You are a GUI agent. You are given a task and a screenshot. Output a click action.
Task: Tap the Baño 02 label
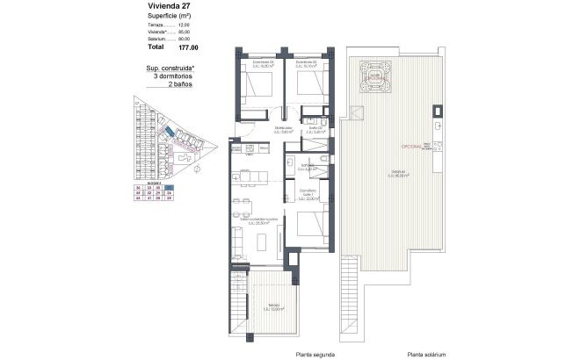click(x=315, y=131)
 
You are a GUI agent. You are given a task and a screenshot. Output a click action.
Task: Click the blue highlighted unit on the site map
click(x=168, y=131)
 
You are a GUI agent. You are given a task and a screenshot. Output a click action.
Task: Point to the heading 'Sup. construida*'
click(x=170, y=68)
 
